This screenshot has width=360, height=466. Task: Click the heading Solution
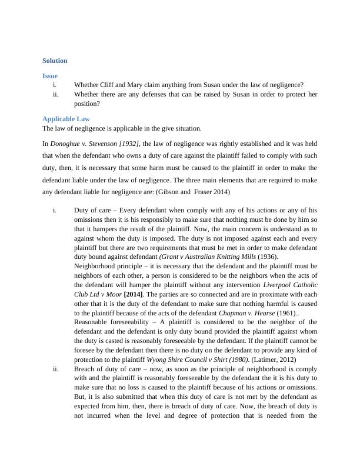[55, 61]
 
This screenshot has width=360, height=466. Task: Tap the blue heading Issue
[50, 76]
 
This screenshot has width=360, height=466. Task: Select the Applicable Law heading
[66, 119]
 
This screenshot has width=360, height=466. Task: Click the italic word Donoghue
[66, 143]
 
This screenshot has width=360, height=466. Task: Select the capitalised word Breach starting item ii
[85, 369]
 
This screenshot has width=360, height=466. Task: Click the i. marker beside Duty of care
[55, 210]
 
